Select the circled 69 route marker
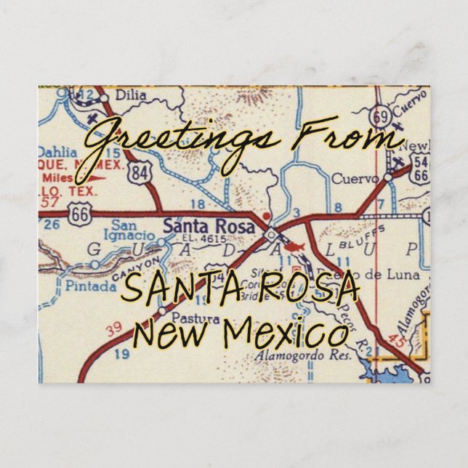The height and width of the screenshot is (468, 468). tap(377, 118)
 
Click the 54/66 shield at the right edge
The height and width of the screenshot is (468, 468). tap(420, 171)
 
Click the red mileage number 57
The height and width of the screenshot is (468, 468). tap(49, 197)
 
